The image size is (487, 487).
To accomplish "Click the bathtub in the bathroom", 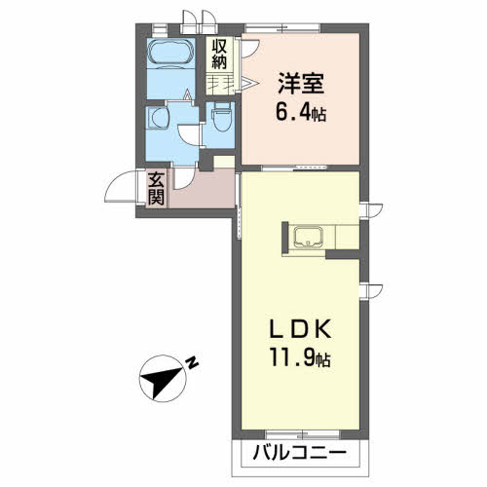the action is point(170,52).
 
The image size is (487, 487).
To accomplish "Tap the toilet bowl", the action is point(222,119).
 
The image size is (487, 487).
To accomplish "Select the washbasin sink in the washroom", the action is point(159,118).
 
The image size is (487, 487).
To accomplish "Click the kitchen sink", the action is point(308,237).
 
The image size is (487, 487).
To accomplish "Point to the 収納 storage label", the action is point(219,55).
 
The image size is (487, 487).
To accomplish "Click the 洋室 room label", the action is point(301,84).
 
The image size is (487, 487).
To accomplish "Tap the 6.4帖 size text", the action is point(301,112).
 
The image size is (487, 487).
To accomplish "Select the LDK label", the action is point(301,330).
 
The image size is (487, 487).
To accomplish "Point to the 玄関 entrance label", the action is point(156,188).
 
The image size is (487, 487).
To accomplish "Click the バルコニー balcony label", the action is point(299,452).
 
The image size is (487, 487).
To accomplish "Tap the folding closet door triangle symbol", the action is point(250,84).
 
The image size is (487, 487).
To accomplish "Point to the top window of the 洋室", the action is point(281,28).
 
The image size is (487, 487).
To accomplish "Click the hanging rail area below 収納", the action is point(220,84).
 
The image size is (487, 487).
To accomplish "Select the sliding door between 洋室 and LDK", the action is point(294,168).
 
